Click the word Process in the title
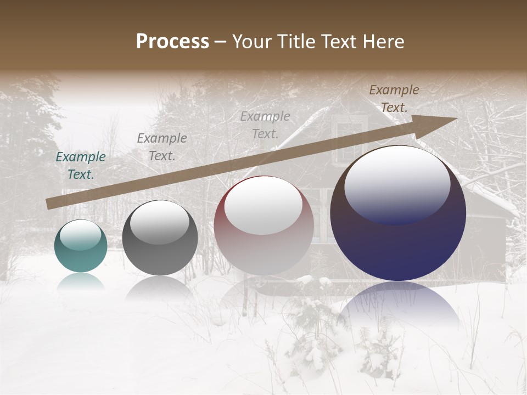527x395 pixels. point(172,42)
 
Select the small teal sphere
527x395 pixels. point(81,246)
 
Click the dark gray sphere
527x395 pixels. point(160,238)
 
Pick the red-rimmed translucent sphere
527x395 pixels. point(263,226)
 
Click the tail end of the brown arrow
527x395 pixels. point(48,204)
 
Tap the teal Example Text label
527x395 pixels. point(81,166)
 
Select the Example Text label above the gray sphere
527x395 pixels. point(162,147)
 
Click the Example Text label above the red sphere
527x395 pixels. point(265,125)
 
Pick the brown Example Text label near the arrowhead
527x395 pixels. point(394,98)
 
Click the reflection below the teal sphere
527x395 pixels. point(81,281)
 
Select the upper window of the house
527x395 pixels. point(349,140)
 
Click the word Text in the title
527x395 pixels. point(338,42)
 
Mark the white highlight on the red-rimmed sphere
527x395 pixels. point(263,204)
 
